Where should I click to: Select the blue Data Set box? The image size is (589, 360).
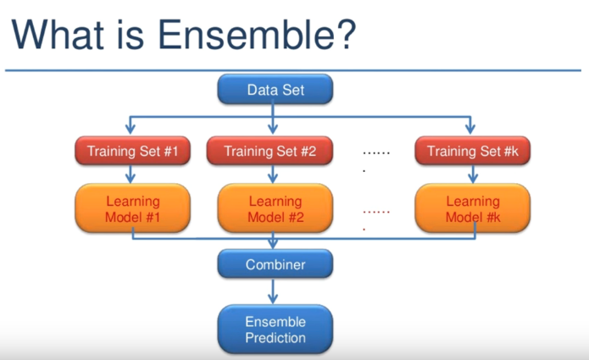(275, 90)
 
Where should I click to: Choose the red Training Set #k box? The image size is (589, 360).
(472, 152)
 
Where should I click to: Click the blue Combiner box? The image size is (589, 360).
(275, 265)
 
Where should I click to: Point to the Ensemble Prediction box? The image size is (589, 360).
(275, 330)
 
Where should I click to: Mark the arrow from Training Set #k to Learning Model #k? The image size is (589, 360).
(472, 175)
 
